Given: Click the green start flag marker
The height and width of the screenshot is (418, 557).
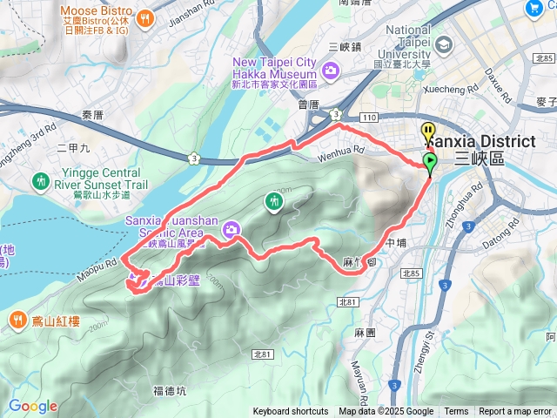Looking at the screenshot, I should pyautogui.click(x=429, y=161).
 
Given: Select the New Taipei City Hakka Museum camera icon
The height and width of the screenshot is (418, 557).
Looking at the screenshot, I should pyautogui.click(x=331, y=71).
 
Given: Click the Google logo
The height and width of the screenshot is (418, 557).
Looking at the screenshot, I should pyautogui.click(x=32, y=406).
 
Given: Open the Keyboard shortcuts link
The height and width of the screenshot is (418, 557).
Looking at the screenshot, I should pyautogui.click(x=291, y=412).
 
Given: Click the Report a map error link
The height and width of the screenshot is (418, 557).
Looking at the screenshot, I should pyautogui.click(x=515, y=412).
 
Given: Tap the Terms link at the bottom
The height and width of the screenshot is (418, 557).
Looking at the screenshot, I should pyautogui.click(x=456, y=412).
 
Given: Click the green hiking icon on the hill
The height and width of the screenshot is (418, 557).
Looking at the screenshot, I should pyautogui.click(x=274, y=202).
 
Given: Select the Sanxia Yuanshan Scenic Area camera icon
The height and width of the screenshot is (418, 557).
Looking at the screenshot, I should pyautogui.click(x=232, y=230).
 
